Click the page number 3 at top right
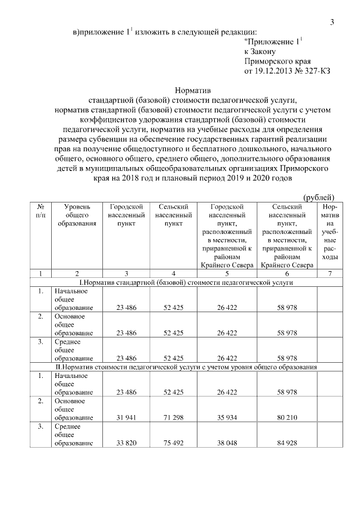tap(332, 22)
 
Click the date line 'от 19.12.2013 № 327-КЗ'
tap(287, 71)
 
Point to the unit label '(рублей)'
tap(319, 197)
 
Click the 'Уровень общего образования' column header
tap(77, 214)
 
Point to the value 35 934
tap(226, 417)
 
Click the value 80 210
tap(287, 417)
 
